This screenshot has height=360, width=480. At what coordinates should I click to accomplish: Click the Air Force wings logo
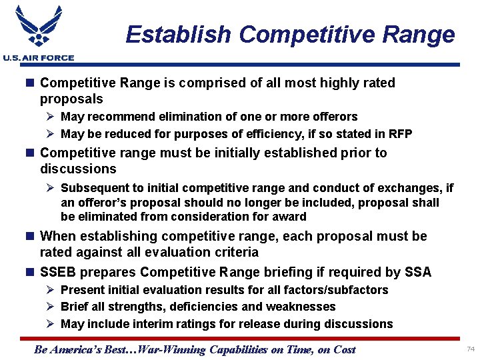tap(38, 27)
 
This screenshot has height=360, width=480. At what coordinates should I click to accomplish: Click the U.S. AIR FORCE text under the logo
tap(38, 58)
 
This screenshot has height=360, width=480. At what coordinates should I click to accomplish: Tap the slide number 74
tap(471, 349)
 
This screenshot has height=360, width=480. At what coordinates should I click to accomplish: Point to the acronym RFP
tap(399, 134)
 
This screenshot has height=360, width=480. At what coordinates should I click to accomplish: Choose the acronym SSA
tap(418, 272)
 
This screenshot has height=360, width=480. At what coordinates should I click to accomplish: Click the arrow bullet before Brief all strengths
tap(51, 307)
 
